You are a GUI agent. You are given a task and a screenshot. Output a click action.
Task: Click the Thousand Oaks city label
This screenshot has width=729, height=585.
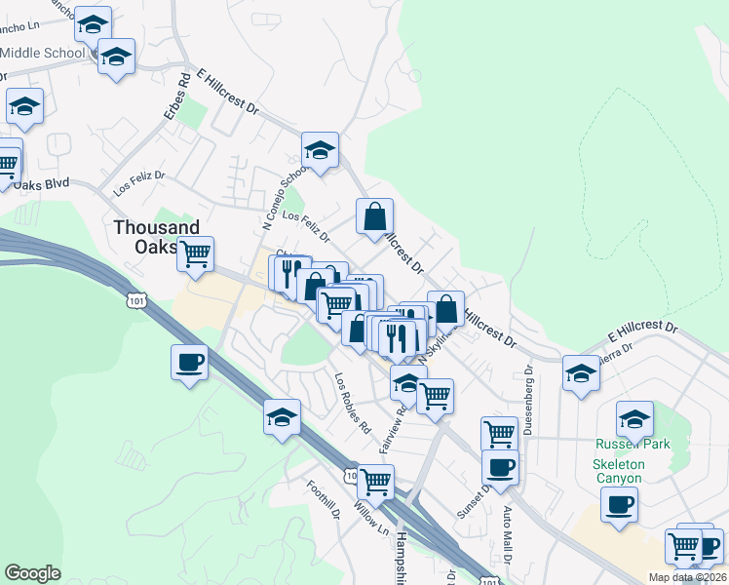pos(156,236)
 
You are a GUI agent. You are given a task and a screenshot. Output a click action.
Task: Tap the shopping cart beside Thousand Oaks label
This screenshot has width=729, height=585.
pos(196,253)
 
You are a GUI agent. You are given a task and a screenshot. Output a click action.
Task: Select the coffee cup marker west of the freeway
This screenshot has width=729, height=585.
pos(189,362)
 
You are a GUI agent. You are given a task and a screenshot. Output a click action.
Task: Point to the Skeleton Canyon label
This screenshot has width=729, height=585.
pos(617,470)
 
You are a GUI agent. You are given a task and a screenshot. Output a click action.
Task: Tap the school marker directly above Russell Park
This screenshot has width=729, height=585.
pos(634,418)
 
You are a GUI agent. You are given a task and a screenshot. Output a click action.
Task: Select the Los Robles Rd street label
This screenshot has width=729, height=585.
pos(354,403)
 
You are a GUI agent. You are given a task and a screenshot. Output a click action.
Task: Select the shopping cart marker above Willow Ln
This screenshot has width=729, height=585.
pos(375,480)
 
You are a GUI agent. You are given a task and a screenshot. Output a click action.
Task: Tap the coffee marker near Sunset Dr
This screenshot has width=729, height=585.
pos(500,466)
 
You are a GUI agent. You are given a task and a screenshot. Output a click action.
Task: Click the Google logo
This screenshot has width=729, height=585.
pos(32,573)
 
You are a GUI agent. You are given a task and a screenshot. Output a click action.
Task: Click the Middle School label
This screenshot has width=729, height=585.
pos(44,52)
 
